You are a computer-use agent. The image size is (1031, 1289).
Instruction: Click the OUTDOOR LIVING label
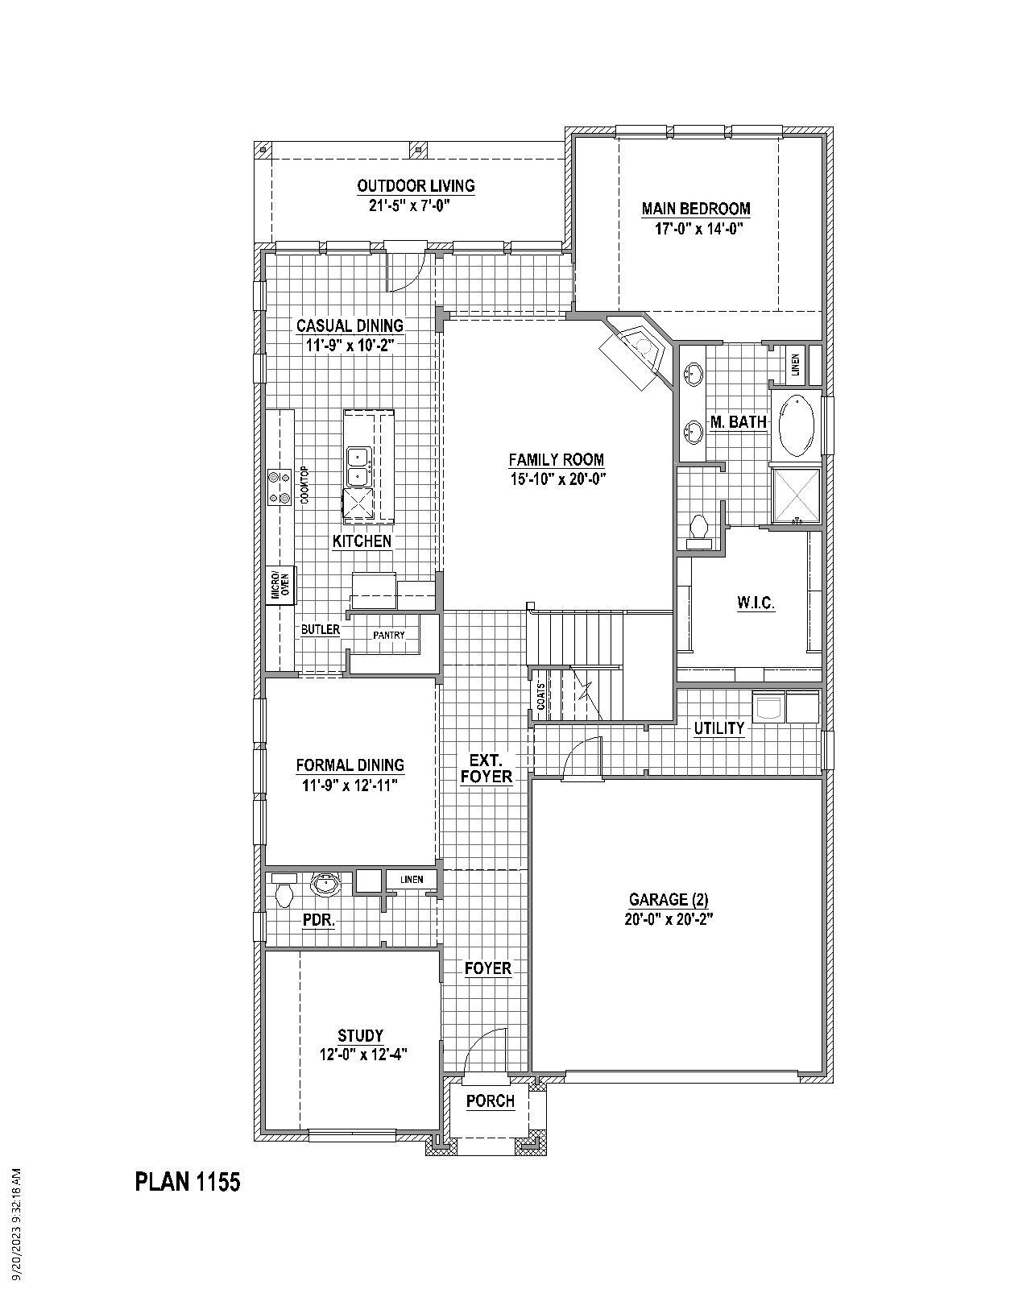tap(416, 186)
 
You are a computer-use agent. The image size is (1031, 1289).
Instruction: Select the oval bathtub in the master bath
tap(797, 425)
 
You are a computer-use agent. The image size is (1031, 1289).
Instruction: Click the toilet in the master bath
tap(699, 528)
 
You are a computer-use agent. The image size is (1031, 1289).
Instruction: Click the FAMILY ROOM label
tap(556, 460)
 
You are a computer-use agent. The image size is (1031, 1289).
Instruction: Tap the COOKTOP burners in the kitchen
tap(279, 487)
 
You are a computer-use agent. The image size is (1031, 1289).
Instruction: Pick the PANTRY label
tap(389, 636)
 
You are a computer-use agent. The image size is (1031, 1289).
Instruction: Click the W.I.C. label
tap(756, 603)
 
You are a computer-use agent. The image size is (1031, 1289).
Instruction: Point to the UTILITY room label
tap(719, 728)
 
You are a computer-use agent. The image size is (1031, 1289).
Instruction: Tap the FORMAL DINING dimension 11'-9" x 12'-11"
tap(350, 785)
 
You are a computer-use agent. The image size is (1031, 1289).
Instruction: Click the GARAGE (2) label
tap(669, 900)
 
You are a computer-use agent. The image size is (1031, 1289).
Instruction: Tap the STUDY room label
tap(360, 1035)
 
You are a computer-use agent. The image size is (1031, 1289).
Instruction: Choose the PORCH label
tap(490, 1101)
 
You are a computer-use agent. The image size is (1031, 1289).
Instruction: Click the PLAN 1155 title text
tap(187, 1182)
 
